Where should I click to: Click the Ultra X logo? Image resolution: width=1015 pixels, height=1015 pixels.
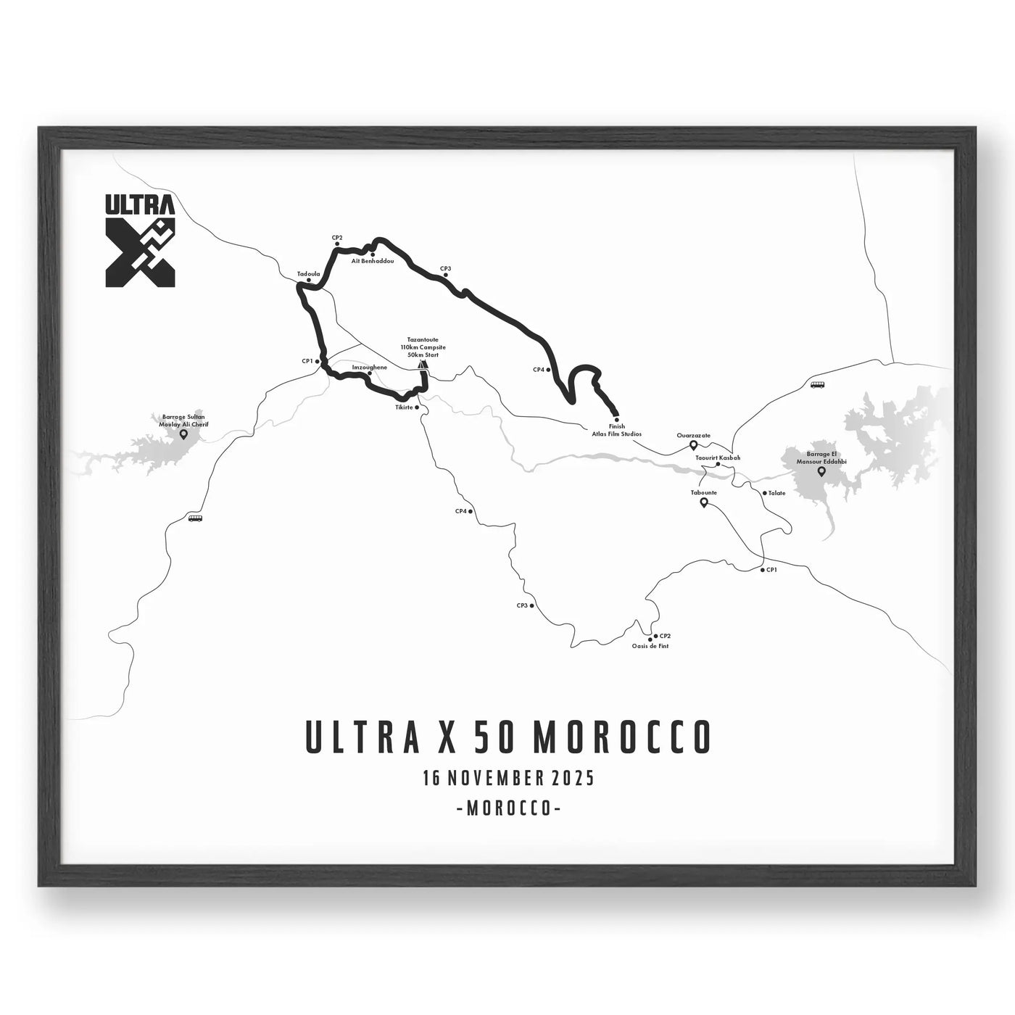(141, 240)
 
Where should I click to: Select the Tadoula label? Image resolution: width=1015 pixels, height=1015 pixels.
(308, 274)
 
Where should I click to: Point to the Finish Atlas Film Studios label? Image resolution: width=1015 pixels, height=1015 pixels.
(616, 431)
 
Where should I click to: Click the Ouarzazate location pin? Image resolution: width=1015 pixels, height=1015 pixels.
(693, 445)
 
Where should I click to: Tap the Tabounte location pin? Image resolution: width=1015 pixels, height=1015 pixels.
(703, 502)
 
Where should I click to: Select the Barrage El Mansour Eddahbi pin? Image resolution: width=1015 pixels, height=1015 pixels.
(821, 471)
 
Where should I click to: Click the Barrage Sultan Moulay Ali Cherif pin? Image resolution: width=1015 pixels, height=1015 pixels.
(183, 434)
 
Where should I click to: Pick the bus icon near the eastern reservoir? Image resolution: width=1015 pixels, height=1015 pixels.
(817, 385)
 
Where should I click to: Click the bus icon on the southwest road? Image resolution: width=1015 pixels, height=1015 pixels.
(195, 518)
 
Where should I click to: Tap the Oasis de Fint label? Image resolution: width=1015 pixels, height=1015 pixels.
(650, 645)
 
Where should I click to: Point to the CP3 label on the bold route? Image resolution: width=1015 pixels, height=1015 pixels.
(445, 269)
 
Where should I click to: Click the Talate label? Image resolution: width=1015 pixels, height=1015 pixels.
(777, 493)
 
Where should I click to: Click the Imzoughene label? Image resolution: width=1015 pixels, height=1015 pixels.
(369, 368)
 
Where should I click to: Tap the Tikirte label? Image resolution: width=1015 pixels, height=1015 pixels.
(404, 407)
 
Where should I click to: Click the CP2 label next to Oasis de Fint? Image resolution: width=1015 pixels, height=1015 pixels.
(665, 636)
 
